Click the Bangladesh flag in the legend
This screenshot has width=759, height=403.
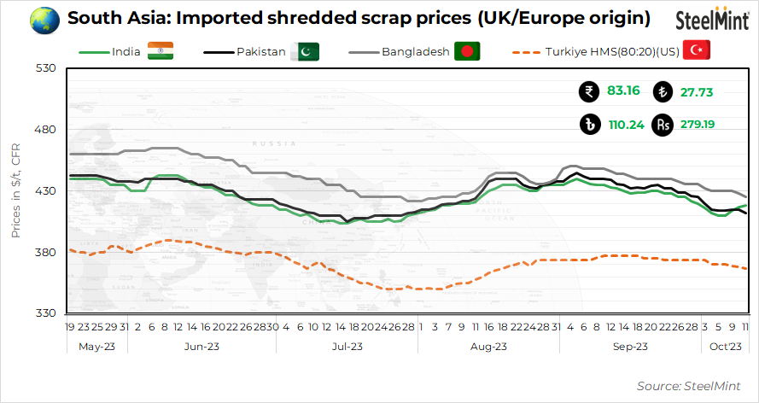pos(466,51)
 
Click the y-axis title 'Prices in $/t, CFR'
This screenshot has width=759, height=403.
pos(16,190)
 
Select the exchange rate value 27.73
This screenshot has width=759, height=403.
pos(697,91)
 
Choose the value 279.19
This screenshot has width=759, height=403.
pos(698,124)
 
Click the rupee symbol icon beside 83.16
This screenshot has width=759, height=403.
pos(587,91)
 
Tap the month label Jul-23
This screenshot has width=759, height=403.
pos(347,346)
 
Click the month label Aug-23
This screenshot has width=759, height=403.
pos(488,346)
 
